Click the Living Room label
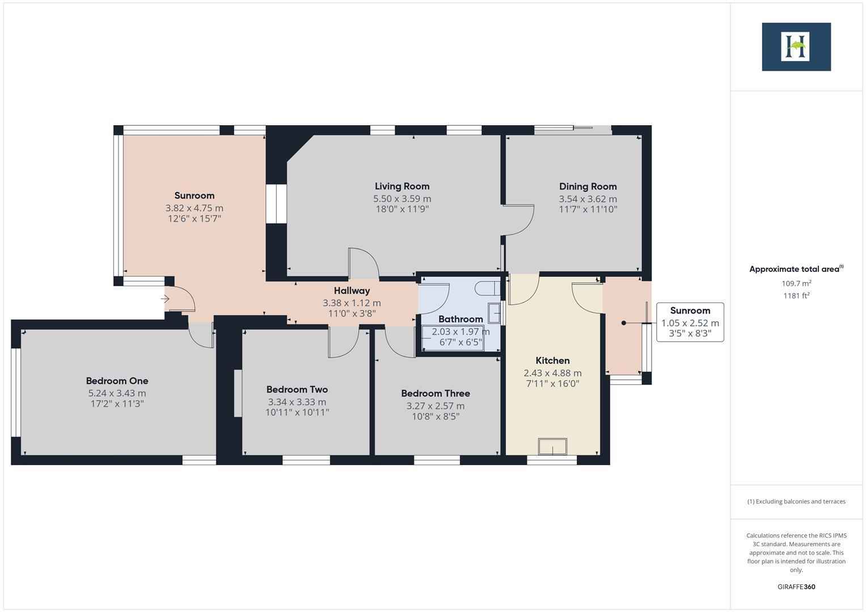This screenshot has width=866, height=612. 402,186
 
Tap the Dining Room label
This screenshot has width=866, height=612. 588,186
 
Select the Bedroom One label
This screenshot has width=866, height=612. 117,381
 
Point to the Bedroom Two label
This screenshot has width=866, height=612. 297,389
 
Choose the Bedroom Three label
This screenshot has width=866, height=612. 435,393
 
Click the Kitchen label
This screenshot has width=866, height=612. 552,360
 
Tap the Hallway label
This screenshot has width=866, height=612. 352,291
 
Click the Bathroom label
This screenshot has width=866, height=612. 461,319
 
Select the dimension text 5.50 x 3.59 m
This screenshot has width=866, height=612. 402,199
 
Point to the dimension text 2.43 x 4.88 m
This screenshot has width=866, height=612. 552,373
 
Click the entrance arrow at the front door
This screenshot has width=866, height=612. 166,299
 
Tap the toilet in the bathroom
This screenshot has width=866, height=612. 486,288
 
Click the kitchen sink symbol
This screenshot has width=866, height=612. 552,447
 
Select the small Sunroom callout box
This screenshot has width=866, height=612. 690,322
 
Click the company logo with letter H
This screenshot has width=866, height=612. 796,47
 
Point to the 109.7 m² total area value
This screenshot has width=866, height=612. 796,283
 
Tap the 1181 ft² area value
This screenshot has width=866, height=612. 796,295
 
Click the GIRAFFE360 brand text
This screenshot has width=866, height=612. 796,586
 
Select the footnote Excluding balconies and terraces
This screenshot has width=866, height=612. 796,501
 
